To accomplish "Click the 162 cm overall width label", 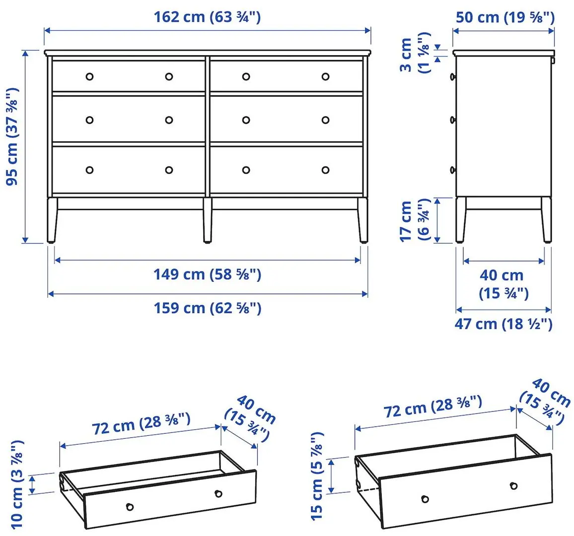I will pyautogui.click(x=207, y=17).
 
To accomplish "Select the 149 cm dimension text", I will pyautogui.click(x=207, y=274).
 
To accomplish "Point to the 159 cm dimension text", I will pyautogui.click(x=207, y=308).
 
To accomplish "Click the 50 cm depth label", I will pyautogui.click(x=504, y=17).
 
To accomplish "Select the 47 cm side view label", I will pyautogui.click(x=503, y=324).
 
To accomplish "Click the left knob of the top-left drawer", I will pyautogui.click(x=89, y=76).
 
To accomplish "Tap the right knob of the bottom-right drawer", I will pyautogui.click(x=325, y=170).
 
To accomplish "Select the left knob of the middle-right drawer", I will pyautogui.click(x=246, y=120).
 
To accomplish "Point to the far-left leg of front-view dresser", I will pyautogui.click(x=52, y=220).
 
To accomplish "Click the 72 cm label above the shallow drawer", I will pyautogui.click(x=141, y=423).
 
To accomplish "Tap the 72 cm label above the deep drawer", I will pyautogui.click(x=432, y=406).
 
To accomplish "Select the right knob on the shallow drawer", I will pyautogui.click(x=218, y=493).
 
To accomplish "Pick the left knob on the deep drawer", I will pyautogui.click(x=425, y=498).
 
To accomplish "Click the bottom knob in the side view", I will pyautogui.click(x=453, y=170).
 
